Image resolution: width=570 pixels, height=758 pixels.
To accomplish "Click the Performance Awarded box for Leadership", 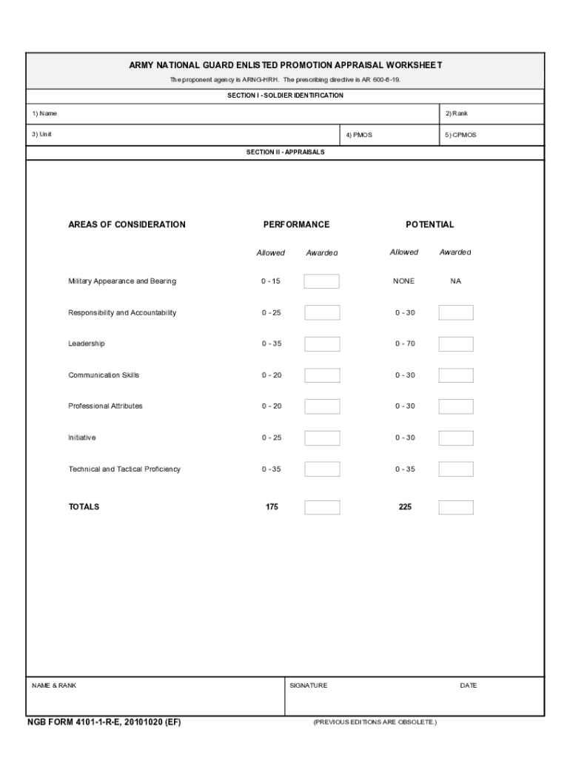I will pos(322,344).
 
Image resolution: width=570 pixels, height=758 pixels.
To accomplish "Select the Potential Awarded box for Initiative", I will pos(455,438).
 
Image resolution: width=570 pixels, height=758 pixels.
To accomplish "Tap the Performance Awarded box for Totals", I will pos(322,508).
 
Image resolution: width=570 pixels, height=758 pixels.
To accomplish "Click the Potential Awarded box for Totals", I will pos(455,508).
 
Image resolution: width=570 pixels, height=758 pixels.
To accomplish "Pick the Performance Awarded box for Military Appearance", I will pos(322,281).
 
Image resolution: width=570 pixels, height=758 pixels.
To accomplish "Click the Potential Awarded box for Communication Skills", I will pos(455,375).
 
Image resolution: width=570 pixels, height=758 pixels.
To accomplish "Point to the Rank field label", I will pos(456,114).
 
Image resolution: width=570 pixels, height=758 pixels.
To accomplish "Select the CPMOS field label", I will pos(460,135).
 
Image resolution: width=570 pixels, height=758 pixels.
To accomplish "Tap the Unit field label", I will pos(41,135).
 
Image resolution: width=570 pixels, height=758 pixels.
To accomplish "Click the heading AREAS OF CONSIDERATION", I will pos(127,224).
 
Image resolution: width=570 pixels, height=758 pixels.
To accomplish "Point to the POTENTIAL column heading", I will pos(429,224).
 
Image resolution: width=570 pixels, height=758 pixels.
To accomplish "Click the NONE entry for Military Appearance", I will pos(404,281).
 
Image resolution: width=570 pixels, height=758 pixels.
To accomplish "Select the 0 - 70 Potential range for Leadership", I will pos(405,344).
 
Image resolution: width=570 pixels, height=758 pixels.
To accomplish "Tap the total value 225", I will pos(405,508).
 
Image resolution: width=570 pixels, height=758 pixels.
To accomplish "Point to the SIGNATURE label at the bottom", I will pos(308,685).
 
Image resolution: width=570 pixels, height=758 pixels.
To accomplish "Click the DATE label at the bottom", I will pos(468,685).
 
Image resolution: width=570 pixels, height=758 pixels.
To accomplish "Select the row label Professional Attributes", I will pos(105,406).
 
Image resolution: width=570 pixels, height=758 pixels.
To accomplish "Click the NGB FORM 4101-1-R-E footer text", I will pos(104,722).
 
